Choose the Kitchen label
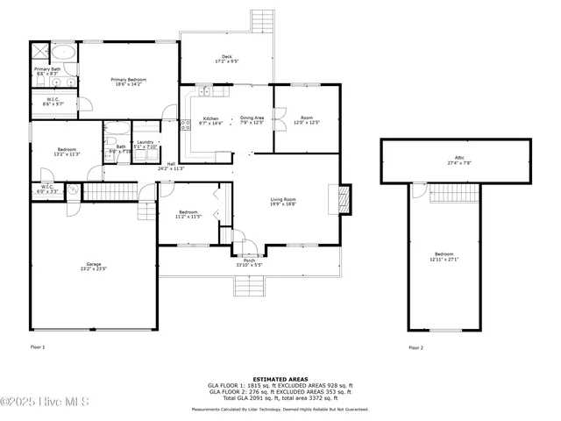point(211,120)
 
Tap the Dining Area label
point(252,120)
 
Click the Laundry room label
point(145,144)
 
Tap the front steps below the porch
point(247,286)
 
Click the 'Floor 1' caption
point(37,347)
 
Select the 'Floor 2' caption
point(415,347)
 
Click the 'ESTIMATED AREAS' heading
point(280,379)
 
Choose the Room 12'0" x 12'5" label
point(306,120)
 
